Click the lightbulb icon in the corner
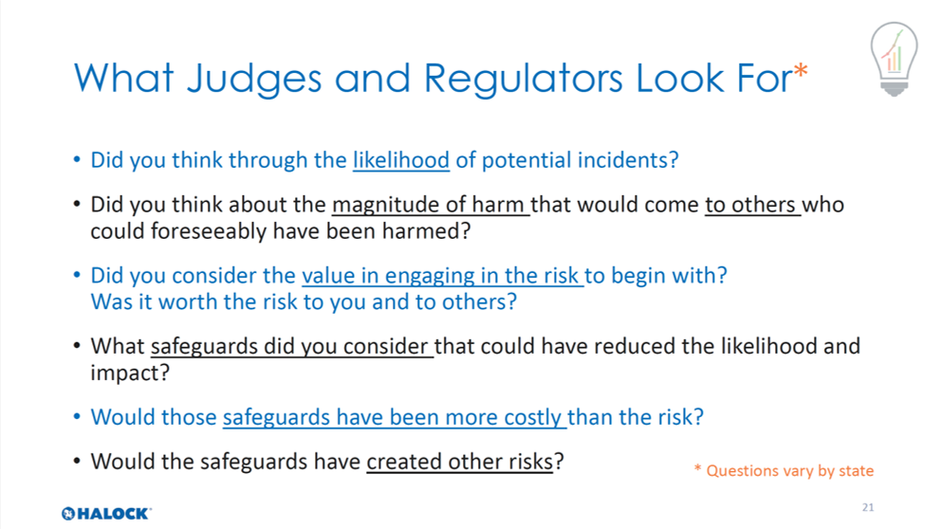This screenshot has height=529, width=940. point(894,59)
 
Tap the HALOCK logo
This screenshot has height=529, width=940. point(106,514)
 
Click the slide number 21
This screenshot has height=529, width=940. point(868,507)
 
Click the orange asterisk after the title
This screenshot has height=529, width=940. point(801,71)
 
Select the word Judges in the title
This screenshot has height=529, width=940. point(254,79)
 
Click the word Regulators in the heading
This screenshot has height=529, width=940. point(524,79)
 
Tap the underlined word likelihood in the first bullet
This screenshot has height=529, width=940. point(401,160)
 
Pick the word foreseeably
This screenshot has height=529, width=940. point(208,231)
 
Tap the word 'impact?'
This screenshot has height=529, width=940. point(130,374)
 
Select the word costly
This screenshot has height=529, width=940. point(532,417)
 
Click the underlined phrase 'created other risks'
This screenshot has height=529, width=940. point(460,462)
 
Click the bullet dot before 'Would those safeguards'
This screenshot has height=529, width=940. point(77,416)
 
